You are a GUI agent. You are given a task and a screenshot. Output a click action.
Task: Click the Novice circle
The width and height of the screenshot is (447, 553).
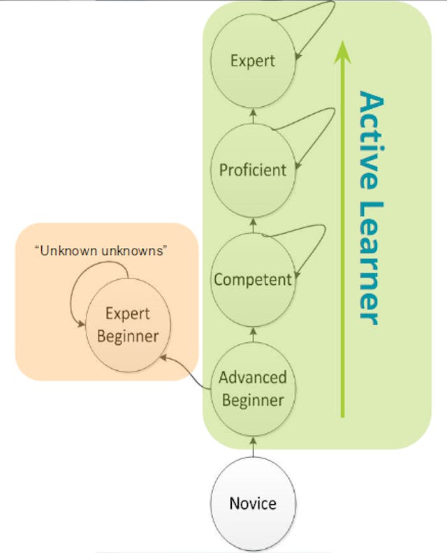click(x=254, y=503)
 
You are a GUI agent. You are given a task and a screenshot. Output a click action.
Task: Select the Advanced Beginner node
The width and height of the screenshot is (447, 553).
click(x=253, y=389)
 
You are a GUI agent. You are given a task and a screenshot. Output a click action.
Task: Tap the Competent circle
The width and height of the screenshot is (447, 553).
click(x=253, y=279)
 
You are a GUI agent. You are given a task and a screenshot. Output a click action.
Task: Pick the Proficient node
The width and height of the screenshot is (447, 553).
click(x=253, y=170)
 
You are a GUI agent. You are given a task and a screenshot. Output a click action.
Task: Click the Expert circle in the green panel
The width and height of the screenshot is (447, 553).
click(x=253, y=61)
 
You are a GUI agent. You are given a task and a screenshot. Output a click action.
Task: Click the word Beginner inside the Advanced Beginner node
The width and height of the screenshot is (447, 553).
click(x=253, y=401)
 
